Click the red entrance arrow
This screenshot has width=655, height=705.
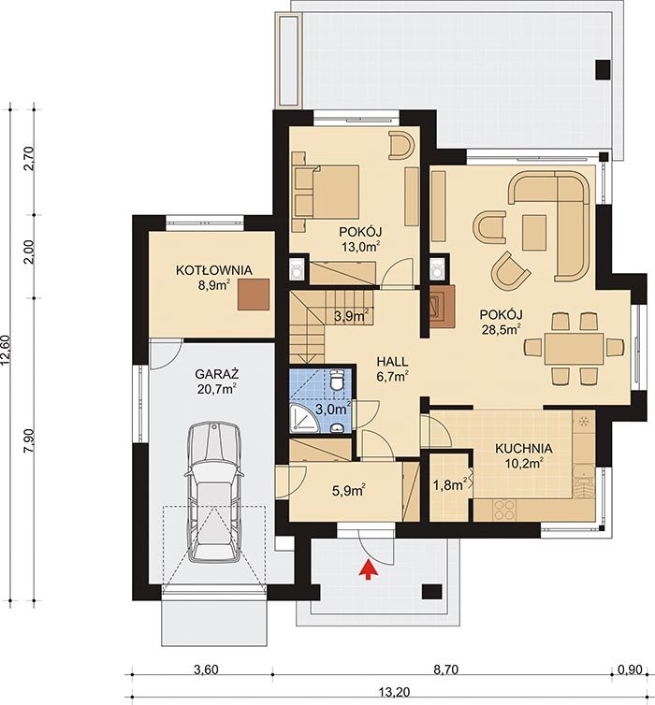click(x=369, y=569)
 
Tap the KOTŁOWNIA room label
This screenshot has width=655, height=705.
click(x=213, y=270)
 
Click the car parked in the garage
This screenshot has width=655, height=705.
click(x=214, y=492)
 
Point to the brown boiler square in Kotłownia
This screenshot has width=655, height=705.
click(x=254, y=294)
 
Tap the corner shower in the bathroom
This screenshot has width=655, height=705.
click(x=304, y=417)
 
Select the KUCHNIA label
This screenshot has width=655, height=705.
click(x=524, y=448)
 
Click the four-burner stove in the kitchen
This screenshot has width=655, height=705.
click(x=504, y=511)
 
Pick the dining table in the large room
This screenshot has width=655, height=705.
click(x=574, y=349)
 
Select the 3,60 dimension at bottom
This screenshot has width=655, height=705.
click(x=206, y=669)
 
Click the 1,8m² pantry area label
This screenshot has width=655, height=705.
click(x=449, y=484)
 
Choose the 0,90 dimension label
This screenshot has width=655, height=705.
click(x=630, y=669)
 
